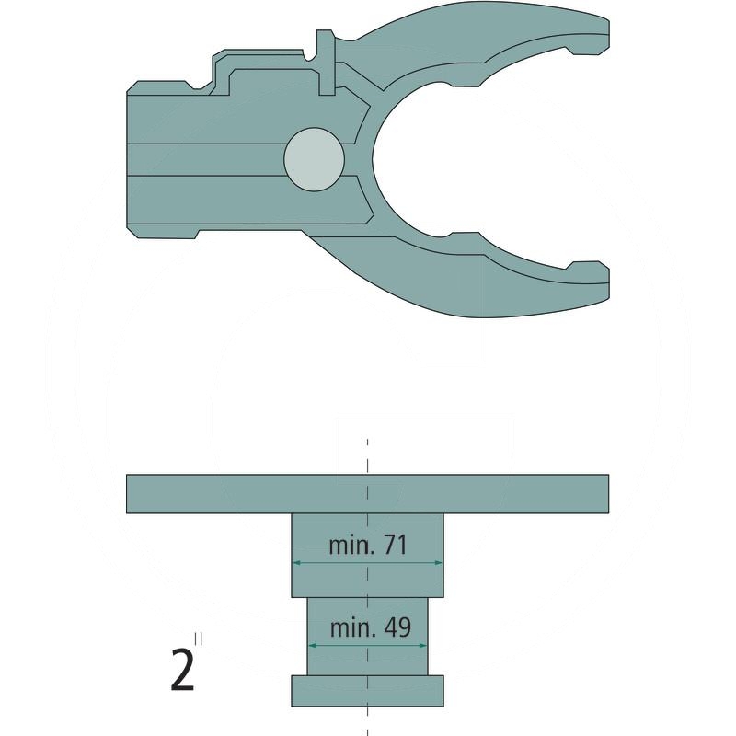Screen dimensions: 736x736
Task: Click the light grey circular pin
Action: coord(314,159)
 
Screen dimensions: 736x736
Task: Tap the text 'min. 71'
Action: coord(367,546)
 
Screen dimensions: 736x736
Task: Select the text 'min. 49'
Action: coord(367,628)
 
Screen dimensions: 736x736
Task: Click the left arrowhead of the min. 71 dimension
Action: coord(296,563)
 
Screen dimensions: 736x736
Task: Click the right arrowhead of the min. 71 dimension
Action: coord(439,563)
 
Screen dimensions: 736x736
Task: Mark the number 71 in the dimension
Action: coord(394,546)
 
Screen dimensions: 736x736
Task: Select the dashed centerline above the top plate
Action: coord(367,456)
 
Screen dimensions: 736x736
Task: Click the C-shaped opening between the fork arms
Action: coord(432,156)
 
